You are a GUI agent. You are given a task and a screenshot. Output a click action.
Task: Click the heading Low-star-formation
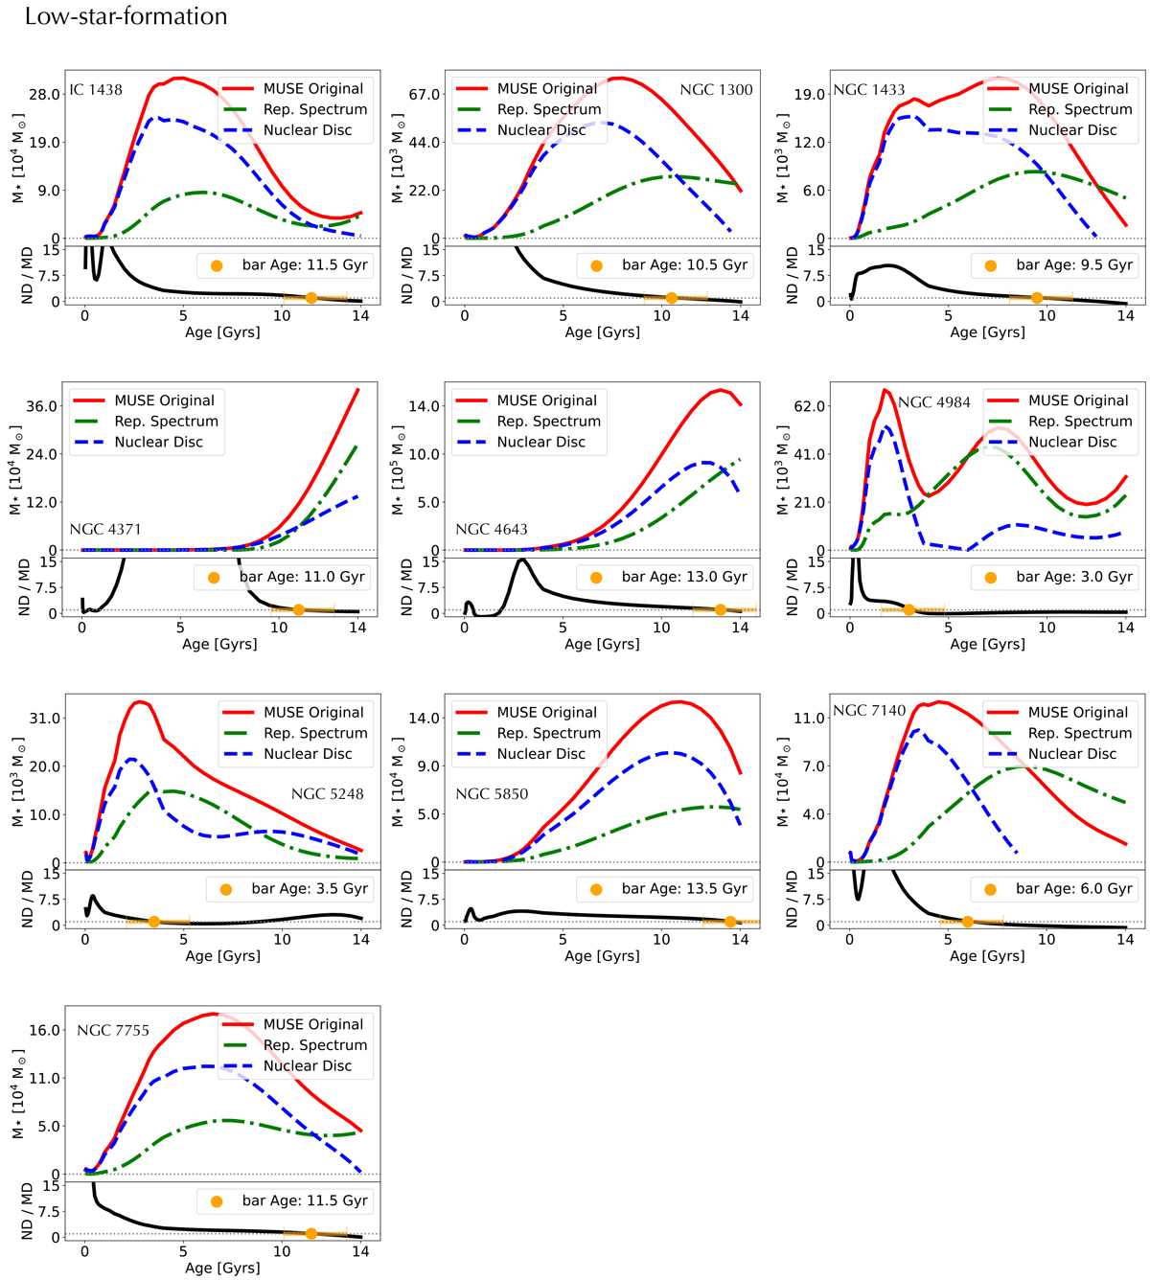[126, 16]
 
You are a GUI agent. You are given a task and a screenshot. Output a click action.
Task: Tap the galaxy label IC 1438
[96, 90]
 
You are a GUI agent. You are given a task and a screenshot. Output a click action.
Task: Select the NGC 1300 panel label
[716, 90]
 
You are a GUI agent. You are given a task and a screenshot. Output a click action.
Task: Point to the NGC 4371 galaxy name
[105, 529]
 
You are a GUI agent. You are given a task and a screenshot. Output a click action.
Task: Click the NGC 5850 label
[492, 793]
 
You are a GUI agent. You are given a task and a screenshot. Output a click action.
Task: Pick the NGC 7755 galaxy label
[113, 1030]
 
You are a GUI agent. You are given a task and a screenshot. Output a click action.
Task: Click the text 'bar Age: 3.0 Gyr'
[1074, 577]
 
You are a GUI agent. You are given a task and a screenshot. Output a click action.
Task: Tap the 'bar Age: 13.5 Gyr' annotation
[684, 888]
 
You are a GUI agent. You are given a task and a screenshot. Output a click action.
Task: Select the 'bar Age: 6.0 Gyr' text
[1074, 888]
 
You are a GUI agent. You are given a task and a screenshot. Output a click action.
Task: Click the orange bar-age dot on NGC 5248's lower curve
[154, 922]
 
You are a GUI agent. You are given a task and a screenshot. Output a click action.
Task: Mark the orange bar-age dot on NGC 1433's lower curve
[1037, 298]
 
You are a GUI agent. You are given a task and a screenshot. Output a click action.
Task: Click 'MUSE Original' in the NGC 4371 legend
[164, 400]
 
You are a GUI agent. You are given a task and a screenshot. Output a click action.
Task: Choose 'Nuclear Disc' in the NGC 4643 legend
[540, 442]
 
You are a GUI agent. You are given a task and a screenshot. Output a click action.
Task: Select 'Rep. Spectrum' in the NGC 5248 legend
[315, 733]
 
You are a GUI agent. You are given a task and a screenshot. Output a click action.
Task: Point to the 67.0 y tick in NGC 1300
[424, 95]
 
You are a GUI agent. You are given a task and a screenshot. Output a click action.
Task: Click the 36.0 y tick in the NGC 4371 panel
[41, 406]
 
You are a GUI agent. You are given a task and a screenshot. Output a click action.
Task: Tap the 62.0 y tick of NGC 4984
[809, 406]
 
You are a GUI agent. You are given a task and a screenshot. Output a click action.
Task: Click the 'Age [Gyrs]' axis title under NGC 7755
[222, 1268]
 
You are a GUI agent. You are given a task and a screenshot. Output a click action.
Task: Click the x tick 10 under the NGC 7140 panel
[1046, 940]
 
